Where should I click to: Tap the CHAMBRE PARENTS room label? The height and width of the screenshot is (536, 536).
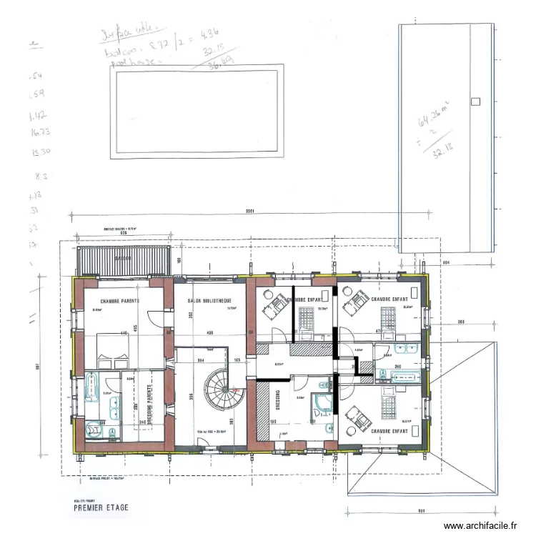pos(120,301)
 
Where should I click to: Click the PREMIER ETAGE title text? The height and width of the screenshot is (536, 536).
pos(101,509)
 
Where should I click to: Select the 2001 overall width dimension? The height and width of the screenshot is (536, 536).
pos(249,212)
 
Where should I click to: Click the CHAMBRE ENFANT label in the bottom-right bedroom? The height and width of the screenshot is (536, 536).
pos(389,432)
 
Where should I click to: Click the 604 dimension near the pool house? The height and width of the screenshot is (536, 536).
pos(446,264)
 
